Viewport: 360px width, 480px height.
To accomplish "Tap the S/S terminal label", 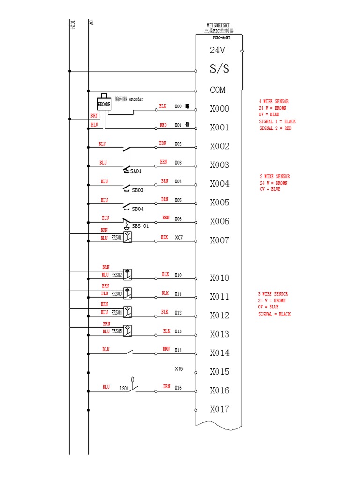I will pyautogui.click(x=219, y=69).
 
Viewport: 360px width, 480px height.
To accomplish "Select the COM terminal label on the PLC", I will pyautogui.click(x=217, y=90).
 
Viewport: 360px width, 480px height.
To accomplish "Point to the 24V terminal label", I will pyautogui.click(x=218, y=50).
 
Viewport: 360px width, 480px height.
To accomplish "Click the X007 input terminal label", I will pyautogui.click(x=219, y=240).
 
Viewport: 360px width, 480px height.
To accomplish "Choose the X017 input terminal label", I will pyautogui.click(x=219, y=409).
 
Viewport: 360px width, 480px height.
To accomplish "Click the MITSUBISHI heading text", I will pyautogui.click(x=218, y=26).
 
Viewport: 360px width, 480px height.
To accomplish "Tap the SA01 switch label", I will pyautogui.click(x=136, y=172).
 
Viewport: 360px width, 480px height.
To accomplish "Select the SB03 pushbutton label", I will pyautogui.click(x=137, y=190).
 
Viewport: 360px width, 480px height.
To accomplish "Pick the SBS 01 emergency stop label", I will pyautogui.click(x=140, y=226).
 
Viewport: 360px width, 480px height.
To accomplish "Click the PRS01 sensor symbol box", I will pyautogui.click(x=127, y=237).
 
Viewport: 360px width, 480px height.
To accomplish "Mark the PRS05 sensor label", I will pyautogui.click(x=117, y=331).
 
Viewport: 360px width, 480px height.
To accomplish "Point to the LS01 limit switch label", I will pyautogui.click(x=124, y=388).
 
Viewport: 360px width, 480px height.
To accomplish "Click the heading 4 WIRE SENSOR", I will pyautogui.click(x=274, y=102).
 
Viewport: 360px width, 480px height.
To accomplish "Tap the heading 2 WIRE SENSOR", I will pyautogui.click(x=275, y=177).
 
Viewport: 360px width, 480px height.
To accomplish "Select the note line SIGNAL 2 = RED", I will pyautogui.click(x=275, y=128).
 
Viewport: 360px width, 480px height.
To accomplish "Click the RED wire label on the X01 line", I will pyautogui.click(x=163, y=125).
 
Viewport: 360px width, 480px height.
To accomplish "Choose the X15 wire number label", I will pyautogui.click(x=179, y=369).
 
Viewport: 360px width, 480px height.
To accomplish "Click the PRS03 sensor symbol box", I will pyautogui.click(x=127, y=293).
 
